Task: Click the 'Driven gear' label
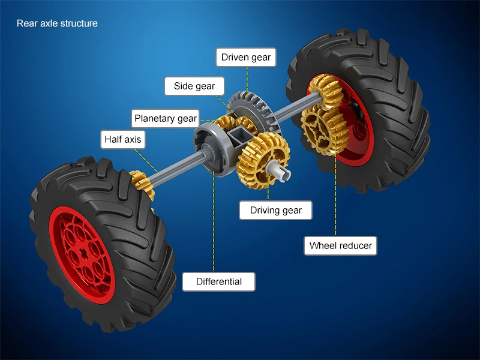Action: coord(246,58)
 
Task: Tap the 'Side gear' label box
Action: coord(194,86)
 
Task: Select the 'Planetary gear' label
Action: coord(165,118)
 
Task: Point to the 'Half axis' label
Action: coord(122,140)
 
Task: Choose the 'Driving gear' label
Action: coord(275,211)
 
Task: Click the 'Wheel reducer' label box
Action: coord(340,245)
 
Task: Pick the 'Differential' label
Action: coord(218,281)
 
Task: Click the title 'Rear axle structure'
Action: coord(57,24)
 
